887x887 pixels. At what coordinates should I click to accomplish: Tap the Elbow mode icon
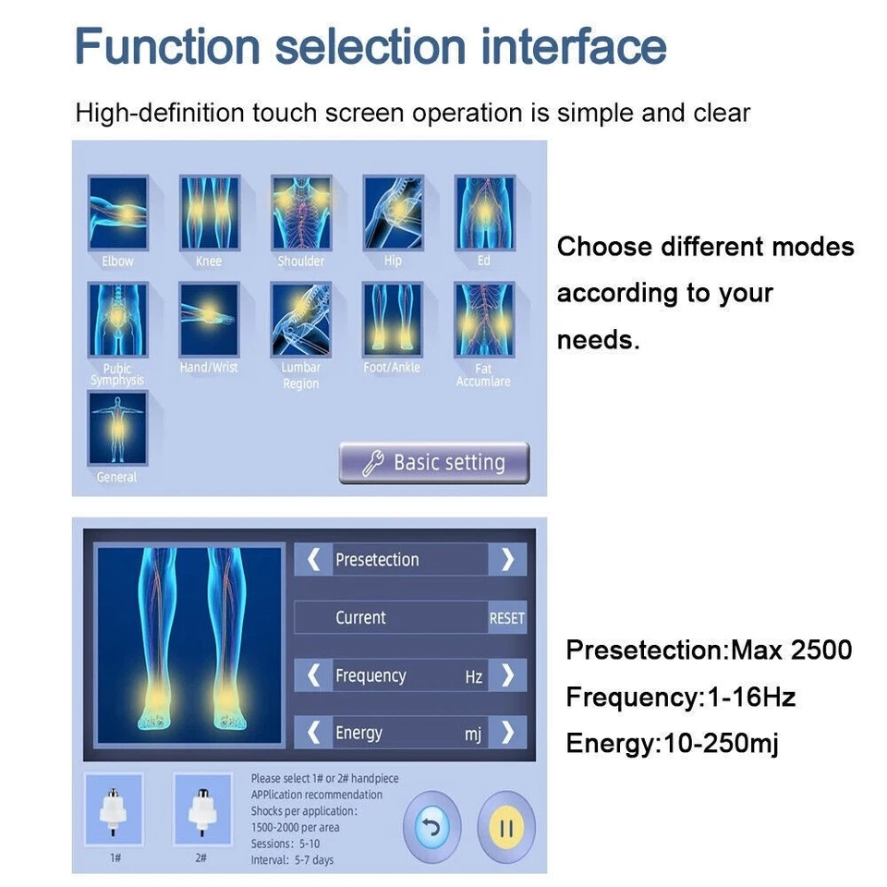(117, 213)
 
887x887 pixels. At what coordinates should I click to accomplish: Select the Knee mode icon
(209, 213)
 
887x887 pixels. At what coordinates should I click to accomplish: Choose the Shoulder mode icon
(301, 213)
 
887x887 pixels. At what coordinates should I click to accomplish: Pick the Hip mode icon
(393, 213)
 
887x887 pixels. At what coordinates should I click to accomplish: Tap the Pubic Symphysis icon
(117, 321)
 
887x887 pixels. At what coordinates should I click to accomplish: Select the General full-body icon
(117, 429)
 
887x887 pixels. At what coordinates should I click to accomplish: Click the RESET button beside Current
(506, 618)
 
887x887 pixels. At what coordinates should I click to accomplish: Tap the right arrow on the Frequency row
(507, 675)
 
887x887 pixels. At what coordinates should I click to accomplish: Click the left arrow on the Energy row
(314, 733)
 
